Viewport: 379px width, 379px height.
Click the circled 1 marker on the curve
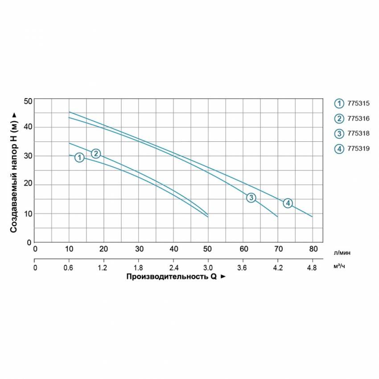click(79, 157)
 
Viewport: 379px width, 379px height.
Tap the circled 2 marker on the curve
click(96, 153)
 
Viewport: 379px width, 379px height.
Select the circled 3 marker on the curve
click(251, 198)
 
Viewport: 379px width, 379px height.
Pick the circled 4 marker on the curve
click(288, 203)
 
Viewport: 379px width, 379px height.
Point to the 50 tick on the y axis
click(28, 101)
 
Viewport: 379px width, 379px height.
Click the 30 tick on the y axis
click(28, 156)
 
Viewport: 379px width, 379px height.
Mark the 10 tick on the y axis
click(28, 214)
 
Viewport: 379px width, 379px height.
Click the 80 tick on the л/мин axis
click(313, 249)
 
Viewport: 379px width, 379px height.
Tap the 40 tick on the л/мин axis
click(174, 249)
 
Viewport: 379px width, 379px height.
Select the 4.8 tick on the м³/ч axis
click(312, 268)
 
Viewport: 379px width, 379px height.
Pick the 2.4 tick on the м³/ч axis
click(174, 268)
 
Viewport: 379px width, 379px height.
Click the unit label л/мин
click(342, 252)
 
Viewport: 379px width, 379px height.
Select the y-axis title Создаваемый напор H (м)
click(14, 172)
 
